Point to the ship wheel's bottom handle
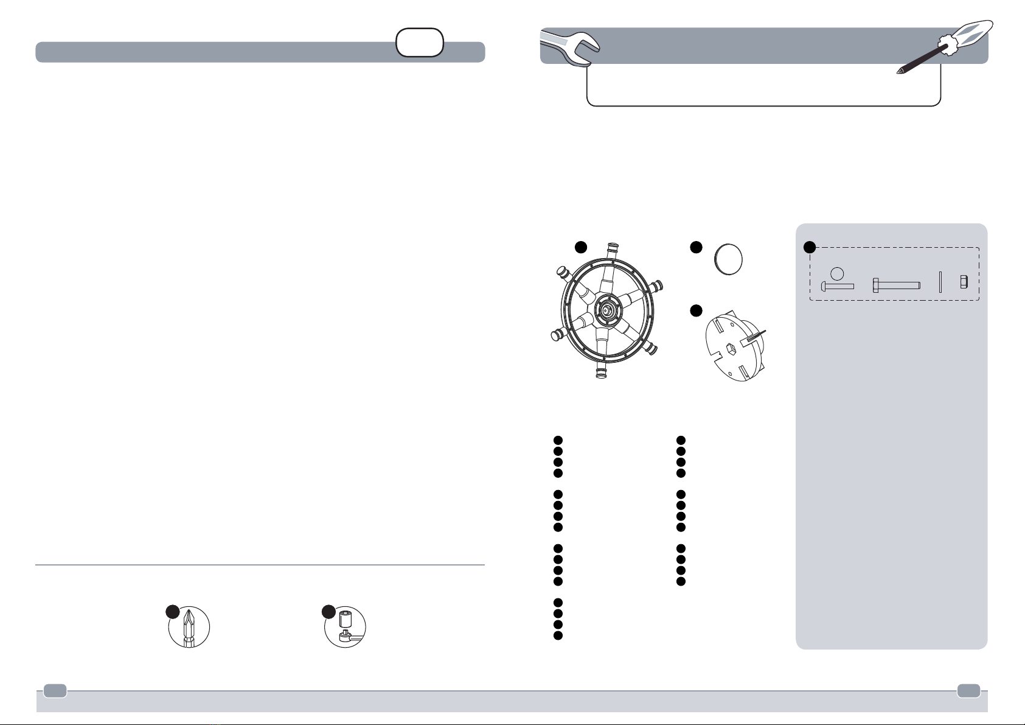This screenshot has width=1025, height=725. [601, 373]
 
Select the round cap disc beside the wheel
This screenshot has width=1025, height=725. [728, 260]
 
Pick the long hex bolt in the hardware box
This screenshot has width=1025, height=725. [896, 285]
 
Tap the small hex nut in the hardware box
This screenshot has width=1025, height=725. [964, 282]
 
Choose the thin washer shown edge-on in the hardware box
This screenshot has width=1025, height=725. [940, 282]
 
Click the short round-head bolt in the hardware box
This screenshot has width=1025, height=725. [838, 285]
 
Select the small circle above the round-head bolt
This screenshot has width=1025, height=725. [837, 273]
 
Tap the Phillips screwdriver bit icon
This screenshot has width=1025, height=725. [189, 627]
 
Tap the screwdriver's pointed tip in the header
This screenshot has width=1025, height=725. [898, 72]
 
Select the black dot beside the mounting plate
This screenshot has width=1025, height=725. [697, 310]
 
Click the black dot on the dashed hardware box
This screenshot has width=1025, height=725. [809, 247]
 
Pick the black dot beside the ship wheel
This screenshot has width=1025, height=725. [581, 247]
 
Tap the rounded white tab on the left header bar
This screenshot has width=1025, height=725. [419, 43]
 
